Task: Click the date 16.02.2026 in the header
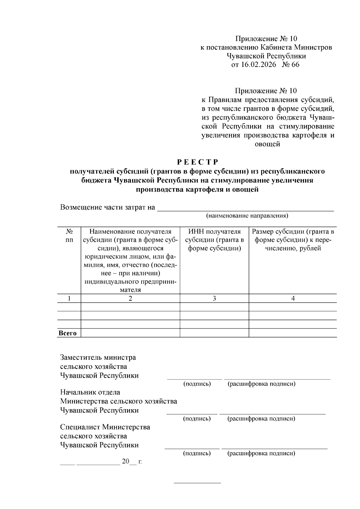coord(258,65)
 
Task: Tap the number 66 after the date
coord(295,65)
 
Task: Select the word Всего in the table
coord(67,333)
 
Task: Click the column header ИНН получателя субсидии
coord(214,240)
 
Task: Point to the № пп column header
coord(69,236)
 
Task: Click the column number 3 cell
coord(214,298)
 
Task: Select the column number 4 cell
coord(293,298)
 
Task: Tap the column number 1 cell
coord(69,298)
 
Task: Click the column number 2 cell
coord(130,298)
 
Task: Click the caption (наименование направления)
coord(247,216)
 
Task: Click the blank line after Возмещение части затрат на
coord(245,208)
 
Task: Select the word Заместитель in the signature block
coord(81,357)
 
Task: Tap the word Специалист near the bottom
coord(80,427)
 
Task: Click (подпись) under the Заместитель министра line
coord(197,384)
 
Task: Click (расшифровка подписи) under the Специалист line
coord(261,453)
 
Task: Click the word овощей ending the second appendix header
coord(267,144)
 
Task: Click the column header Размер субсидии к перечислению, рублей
coord(293,240)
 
